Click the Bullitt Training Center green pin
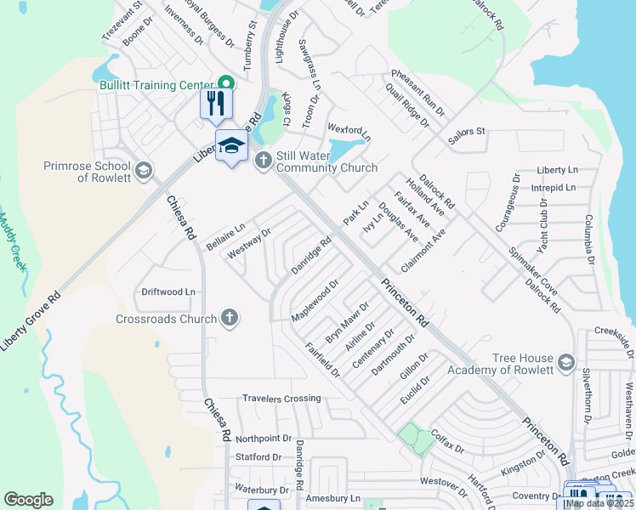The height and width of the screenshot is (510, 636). pyautogui.click(x=226, y=84)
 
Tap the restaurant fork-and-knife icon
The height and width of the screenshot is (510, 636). pyautogui.click(x=215, y=103)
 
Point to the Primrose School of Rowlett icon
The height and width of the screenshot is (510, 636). pyautogui.click(x=143, y=171)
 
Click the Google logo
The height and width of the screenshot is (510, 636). pyautogui.click(x=28, y=500)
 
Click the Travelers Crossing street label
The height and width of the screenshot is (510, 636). pyautogui.click(x=281, y=398)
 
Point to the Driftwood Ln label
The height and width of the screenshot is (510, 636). pyautogui.click(x=168, y=292)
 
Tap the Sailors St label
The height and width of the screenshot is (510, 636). pyautogui.click(x=467, y=132)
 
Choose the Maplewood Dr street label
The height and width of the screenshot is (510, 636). pyautogui.click(x=315, y=301)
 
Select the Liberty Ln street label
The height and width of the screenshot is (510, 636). pyautogui.click(x=557, y=171)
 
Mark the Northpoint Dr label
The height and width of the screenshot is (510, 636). pyautogui.click(x=264, y=438)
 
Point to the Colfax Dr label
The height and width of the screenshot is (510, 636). pyautogui.click(x=447, y=441)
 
